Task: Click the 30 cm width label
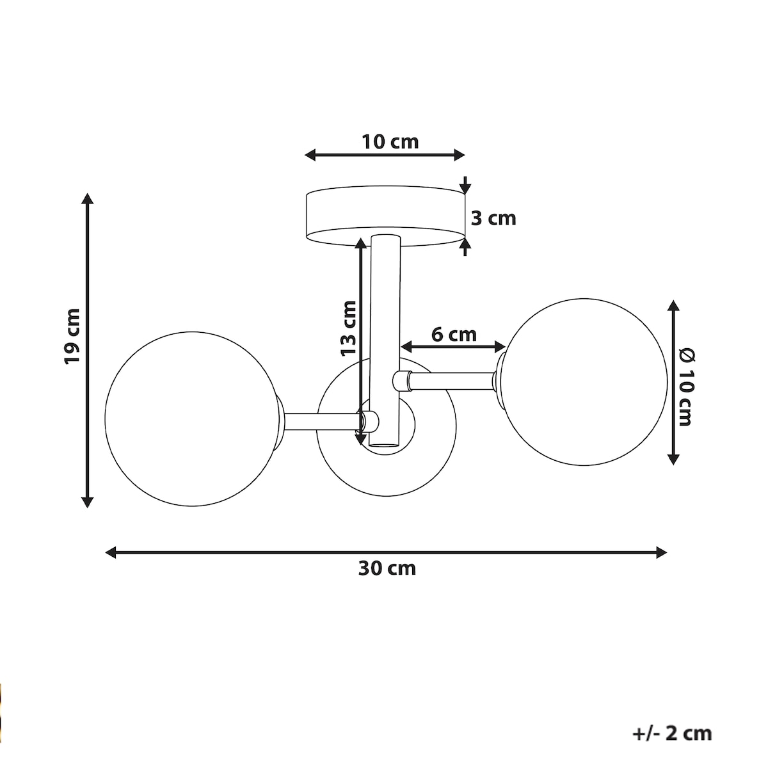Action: (387, 568)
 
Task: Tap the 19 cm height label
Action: (72, 336)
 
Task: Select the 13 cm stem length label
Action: (348, 328)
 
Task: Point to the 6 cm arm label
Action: (454, 335)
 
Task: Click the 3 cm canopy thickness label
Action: (493, 218)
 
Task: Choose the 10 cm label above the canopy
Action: (390, 142)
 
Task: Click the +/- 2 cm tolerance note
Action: (672, 733)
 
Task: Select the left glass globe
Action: (192, 419)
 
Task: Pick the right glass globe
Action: (584, 382)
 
